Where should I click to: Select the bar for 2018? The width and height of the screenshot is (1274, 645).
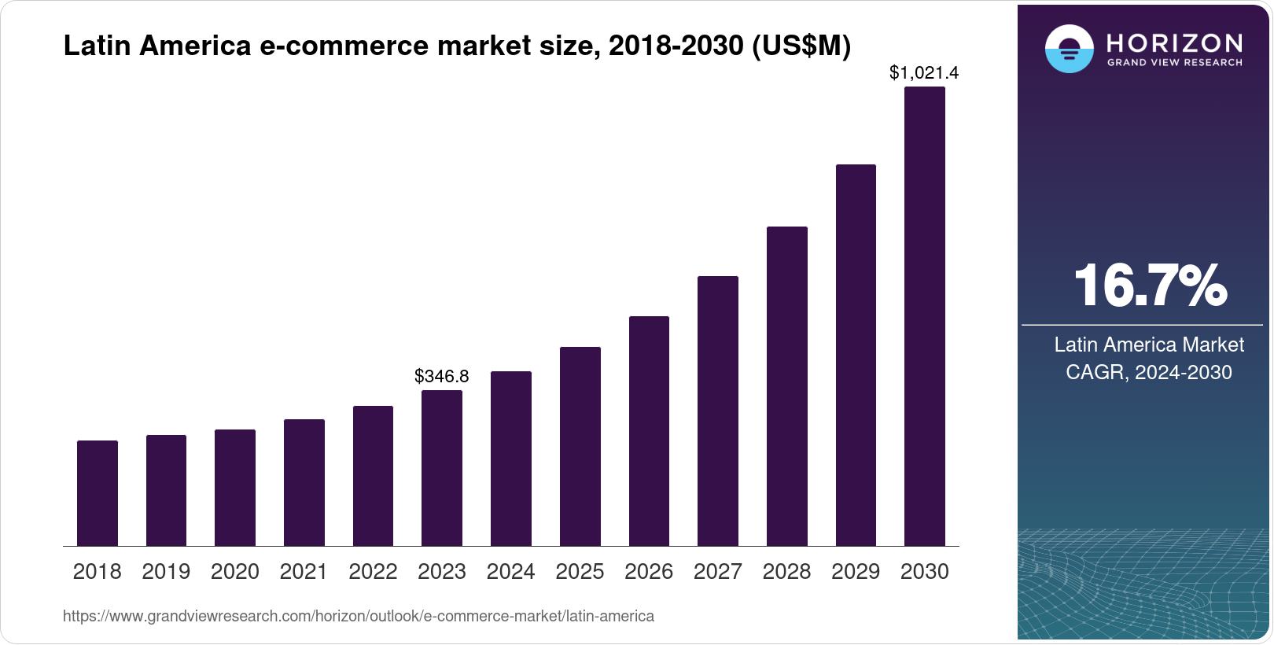(x=98, y=493)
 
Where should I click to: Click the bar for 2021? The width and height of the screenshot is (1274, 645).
(x=304, y=482)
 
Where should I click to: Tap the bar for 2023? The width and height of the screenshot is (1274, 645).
(x=442, y=468)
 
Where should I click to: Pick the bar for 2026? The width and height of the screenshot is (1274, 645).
(x=649, y=431)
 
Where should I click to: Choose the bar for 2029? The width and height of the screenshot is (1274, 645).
(x=856, y=355)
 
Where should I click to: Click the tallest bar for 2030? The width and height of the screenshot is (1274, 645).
(x=925, y=316)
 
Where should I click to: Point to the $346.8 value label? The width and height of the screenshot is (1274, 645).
(x=442, y=376)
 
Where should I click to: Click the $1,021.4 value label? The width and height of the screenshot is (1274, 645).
(x=924, y=73)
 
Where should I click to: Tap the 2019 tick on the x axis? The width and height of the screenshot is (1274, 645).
(x=166, y=572)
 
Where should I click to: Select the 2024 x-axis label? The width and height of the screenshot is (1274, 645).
(x=511, y=572)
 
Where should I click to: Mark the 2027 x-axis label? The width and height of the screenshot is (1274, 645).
(x=718, y=572)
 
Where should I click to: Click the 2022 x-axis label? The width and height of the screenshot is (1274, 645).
(x=373, y=572)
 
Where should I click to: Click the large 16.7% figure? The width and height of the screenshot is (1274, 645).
(x=1150, y=286)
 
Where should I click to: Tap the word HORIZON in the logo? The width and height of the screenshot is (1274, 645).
(x=1175, y=43)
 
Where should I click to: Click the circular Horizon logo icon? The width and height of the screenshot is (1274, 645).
(x=1070, y=49)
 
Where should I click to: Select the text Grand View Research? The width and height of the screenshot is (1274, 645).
(x=1175, y=63)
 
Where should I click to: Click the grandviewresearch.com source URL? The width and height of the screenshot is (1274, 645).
(x=359, y=617)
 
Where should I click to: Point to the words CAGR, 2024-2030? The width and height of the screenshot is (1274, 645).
(x=1148, y=372)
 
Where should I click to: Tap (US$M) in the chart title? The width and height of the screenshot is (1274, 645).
(x=801, y=46)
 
